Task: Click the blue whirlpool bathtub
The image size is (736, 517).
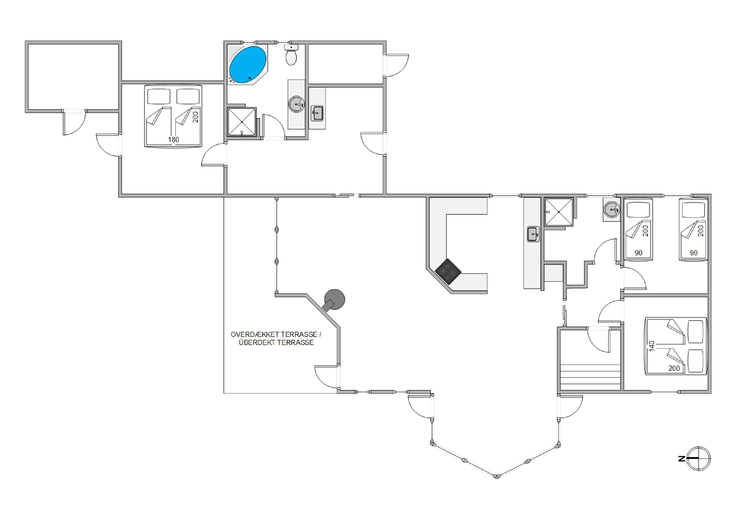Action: click(x=248, y=65)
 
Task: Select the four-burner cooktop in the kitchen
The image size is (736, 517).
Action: click(x=448, y=272)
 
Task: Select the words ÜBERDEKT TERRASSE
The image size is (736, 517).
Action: click(x=276, y=343)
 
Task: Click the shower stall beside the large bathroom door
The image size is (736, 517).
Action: click(x=242, y=122)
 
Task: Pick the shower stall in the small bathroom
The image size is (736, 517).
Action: click(x=559, y=212)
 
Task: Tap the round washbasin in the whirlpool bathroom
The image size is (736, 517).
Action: click(x=296, y=104)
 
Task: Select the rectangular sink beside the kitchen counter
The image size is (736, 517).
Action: click(x=533, y=234)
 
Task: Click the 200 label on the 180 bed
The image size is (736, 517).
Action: click(x=196, y=117)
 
